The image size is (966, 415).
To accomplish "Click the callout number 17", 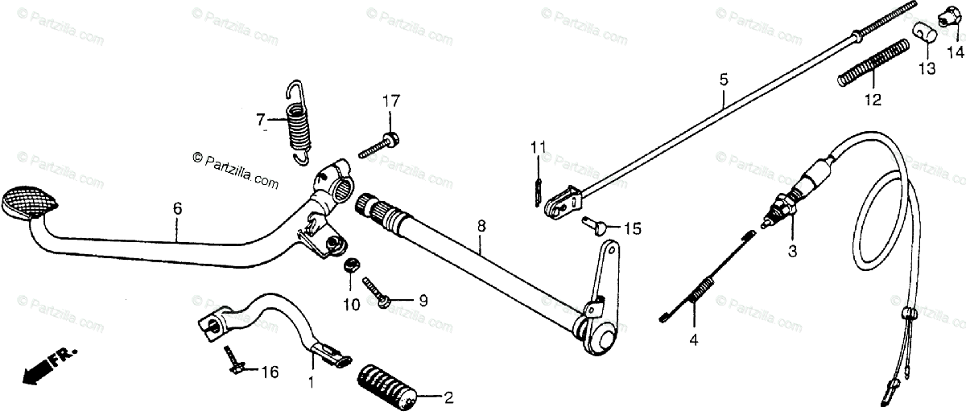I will pyautogui.click(x=390, y=101).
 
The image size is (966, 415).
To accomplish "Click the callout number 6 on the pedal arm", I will pyautogui.click(x=177, y=208).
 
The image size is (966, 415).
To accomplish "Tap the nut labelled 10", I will pyautogui.click(x=350, y=265).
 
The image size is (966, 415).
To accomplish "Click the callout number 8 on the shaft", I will pyautogui.click(x=481, y=227).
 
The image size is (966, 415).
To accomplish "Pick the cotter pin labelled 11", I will pyautogui.click(x=537, y=190).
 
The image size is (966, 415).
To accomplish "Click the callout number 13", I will pyautogui.click(x=927, y=70).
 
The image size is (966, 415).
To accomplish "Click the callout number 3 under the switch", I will pyautogui.click(x=791, y=251).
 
